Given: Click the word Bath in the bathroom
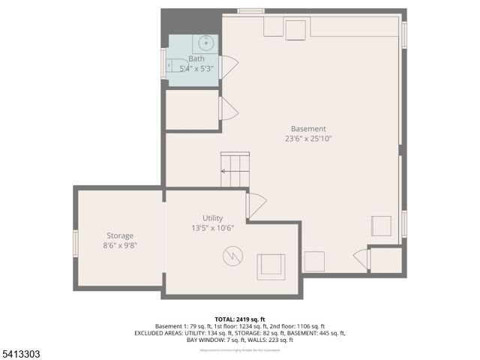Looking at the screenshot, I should (196, 58).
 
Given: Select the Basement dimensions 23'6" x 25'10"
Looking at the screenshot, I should (308, 139).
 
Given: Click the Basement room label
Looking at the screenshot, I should (308, 128).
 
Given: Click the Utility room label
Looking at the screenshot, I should (213, 218).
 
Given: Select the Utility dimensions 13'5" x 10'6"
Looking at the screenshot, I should (213, 229).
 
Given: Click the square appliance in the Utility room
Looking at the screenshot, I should (270, 265).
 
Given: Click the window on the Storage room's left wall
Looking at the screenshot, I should (75, 243).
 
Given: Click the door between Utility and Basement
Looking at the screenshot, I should (256, 205).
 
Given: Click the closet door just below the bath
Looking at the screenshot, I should (227, 109).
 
